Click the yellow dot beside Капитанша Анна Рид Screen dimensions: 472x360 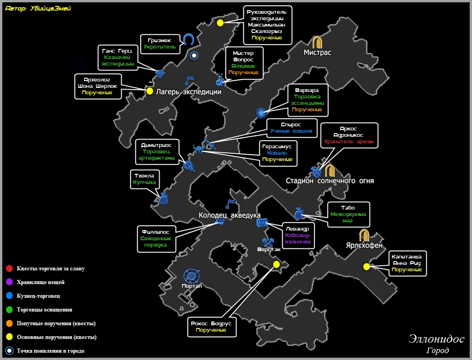(366, 267)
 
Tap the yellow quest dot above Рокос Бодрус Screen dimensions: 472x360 (276, 264)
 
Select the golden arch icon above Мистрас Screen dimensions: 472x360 (317, 43)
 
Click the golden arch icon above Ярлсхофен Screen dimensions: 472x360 (365, 235)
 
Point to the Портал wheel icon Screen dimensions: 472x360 (191, 276)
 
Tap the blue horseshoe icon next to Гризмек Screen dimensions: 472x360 (188, 39)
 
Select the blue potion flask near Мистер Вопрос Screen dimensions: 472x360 (220, 80)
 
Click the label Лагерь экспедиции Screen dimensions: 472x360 (188, 91)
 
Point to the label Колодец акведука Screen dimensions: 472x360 (229, 215)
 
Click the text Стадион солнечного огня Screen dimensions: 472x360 (330, 181)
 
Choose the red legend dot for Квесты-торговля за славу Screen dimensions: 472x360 (9, 269)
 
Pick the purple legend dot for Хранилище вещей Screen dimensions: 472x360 (9, 282)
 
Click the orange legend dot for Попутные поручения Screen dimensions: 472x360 (9, 323)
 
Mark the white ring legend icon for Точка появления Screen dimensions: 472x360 (9, 351)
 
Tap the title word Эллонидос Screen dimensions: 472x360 (436, 339)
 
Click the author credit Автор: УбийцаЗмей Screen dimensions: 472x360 (38, 8)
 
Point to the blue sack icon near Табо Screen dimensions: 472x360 (299, 213)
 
